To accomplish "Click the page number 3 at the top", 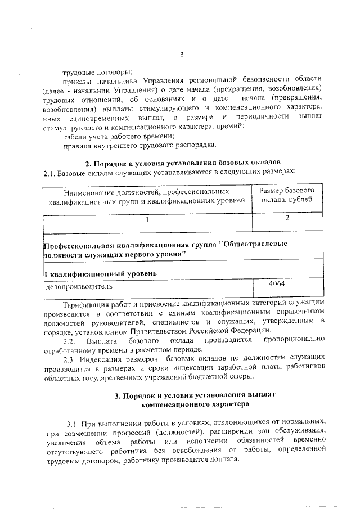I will [181, 55].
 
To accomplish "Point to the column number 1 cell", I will [147, 220].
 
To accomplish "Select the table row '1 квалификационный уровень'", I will [101, 273].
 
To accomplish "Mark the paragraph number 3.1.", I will [74, 422].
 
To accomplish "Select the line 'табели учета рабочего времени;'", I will [118, 136].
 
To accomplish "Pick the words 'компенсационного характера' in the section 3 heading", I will [194, 404].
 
